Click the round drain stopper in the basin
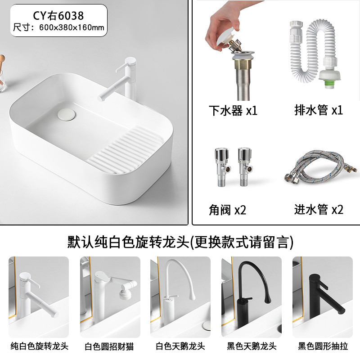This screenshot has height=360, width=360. click(66, 115)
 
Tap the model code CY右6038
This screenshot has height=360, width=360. click(58, 16)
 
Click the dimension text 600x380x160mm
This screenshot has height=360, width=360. click(72, 27)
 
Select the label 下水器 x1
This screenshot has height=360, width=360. click(233, 110)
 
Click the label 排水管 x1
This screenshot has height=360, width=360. click(319, 110)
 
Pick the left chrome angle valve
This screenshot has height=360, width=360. click(222, 167)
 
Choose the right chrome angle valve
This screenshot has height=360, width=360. click(245, 167)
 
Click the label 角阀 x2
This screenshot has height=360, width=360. click(227, 210)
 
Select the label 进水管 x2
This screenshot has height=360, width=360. click(319, 209)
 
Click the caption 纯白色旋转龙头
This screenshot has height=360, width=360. click(39, 346)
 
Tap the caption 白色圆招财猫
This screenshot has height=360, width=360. click(109, 346)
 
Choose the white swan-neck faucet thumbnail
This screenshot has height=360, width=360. click(180, 297)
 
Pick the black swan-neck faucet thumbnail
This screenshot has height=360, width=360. click(252, 297)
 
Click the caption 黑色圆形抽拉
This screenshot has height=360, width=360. click(323, 346)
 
